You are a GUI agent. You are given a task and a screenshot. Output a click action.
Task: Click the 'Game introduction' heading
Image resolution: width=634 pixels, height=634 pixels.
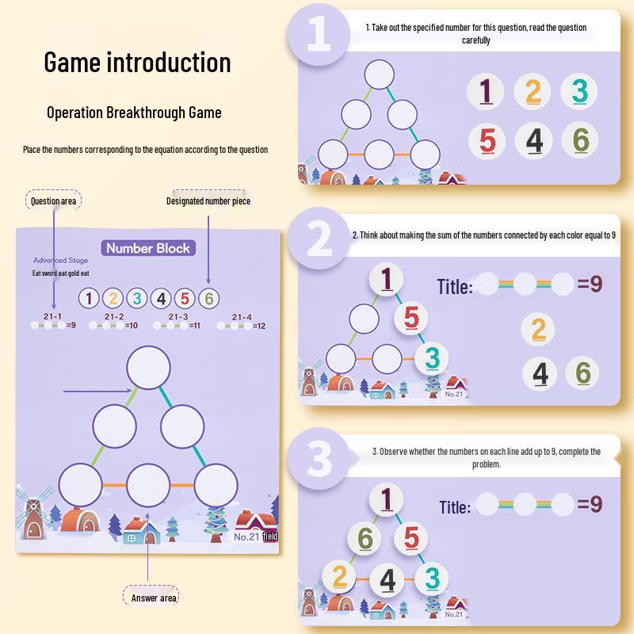pyautogui.click(x=137, y=62)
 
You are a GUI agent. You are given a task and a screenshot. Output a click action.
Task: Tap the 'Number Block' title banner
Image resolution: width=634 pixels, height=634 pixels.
pyautogui.click(x=149, y=249)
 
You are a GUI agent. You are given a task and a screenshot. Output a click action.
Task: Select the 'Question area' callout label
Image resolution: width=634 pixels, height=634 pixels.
pyautogui.click(x=52, y=201)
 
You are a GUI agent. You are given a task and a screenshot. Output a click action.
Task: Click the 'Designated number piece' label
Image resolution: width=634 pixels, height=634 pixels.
pyautogui.click(x=208, y=201)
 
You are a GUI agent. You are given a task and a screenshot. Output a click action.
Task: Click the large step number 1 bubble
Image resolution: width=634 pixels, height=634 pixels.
pyautogui.click(x=319, y=36)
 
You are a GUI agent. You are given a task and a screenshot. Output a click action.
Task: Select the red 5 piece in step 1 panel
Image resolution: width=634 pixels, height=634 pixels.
pyautogui.click(x=487, y=141)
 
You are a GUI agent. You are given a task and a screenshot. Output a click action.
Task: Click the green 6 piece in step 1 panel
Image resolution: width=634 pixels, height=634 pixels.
pyautogui.click(x=580, y=140)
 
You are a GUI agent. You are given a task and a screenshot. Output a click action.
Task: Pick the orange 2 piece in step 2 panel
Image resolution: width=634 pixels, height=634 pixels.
pyautogui.click(x=538, y=329)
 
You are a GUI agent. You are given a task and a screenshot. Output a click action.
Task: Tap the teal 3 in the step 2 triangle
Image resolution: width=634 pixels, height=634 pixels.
pyautogui.click(x=431, y=358)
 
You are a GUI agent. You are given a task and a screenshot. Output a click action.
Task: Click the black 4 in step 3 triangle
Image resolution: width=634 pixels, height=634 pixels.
pyautogui.click(x=387, y=580)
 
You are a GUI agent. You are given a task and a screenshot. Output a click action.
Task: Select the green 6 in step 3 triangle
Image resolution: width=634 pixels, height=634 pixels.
pyautogui.click(x=365, y=538)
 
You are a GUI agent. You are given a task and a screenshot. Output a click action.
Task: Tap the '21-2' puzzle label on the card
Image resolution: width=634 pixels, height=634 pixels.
pyautogui.click(x=114, y=316)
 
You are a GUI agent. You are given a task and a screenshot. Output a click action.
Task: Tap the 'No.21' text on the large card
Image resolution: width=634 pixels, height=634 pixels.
pyautogui.click(x=247, y=537)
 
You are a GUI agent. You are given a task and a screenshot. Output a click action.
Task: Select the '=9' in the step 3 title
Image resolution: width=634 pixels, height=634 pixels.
pyautogui.click(x=590, y=503)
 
